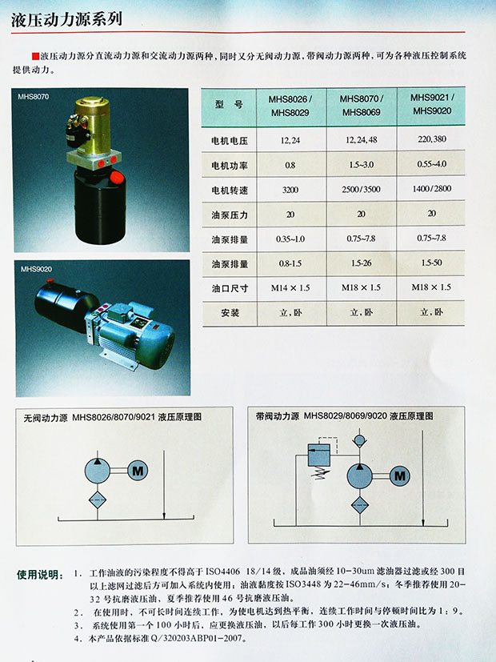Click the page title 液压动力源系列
[66, 19]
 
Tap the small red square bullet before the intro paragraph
[35, 56]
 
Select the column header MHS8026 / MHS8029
[290, 106]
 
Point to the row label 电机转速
[230, 190]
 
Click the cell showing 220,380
[432, 139]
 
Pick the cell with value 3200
[290, 190]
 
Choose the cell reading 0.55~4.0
[432, 164]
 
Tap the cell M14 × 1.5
[290, 288]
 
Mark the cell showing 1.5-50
[431, 263]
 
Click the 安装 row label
[230, 313]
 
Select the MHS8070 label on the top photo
[34, 97]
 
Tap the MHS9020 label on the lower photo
[36, 269]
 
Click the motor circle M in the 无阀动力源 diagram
[138, 471]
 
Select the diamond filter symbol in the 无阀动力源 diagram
[98, 500]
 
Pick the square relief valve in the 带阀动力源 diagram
[319, 455]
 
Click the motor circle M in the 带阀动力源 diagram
[399, 476]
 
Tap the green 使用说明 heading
[40, 575]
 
